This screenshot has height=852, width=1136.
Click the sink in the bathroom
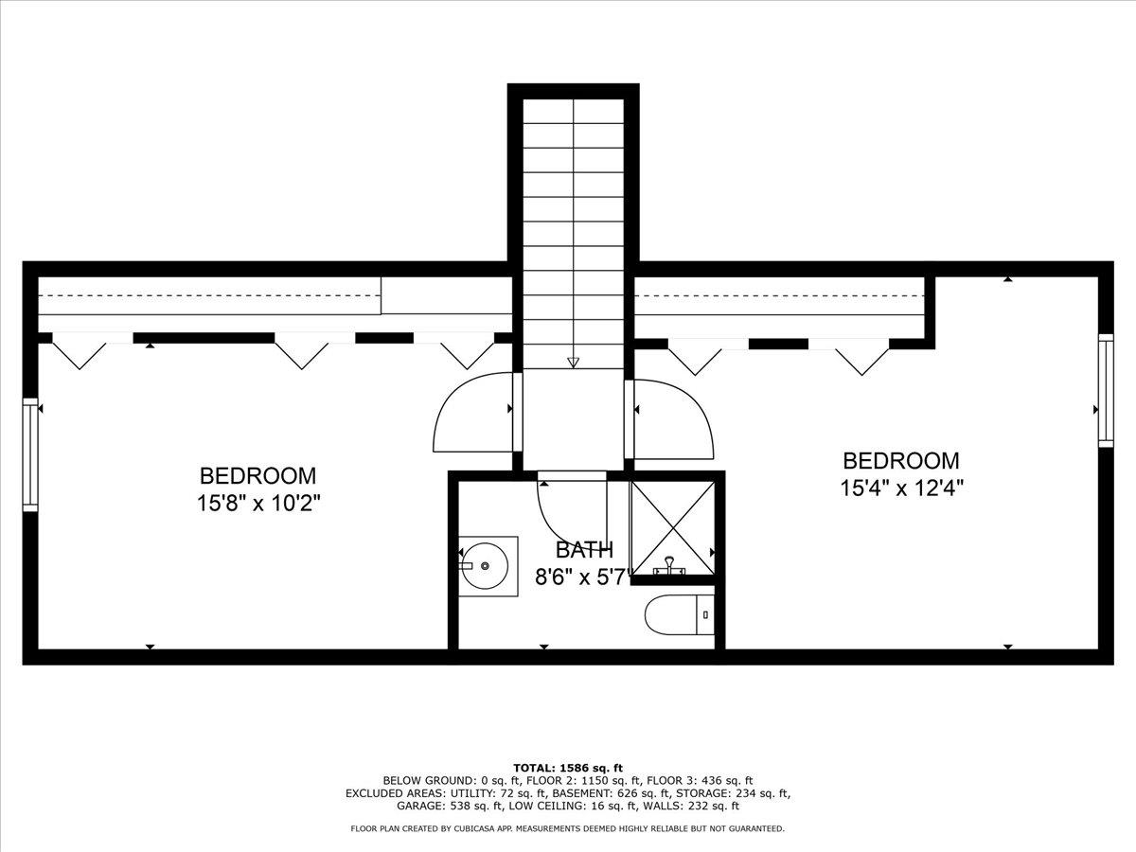pos(488,565)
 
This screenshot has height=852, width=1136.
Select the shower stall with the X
pos(673,526)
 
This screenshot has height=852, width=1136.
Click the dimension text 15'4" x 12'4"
pos(901,488)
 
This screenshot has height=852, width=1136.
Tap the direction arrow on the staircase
pos(573,362)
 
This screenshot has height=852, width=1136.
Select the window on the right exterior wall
pos(1104,389)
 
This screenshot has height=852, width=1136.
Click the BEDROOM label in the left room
pos(257,475)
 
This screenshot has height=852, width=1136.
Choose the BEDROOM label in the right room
pos(900,461)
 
